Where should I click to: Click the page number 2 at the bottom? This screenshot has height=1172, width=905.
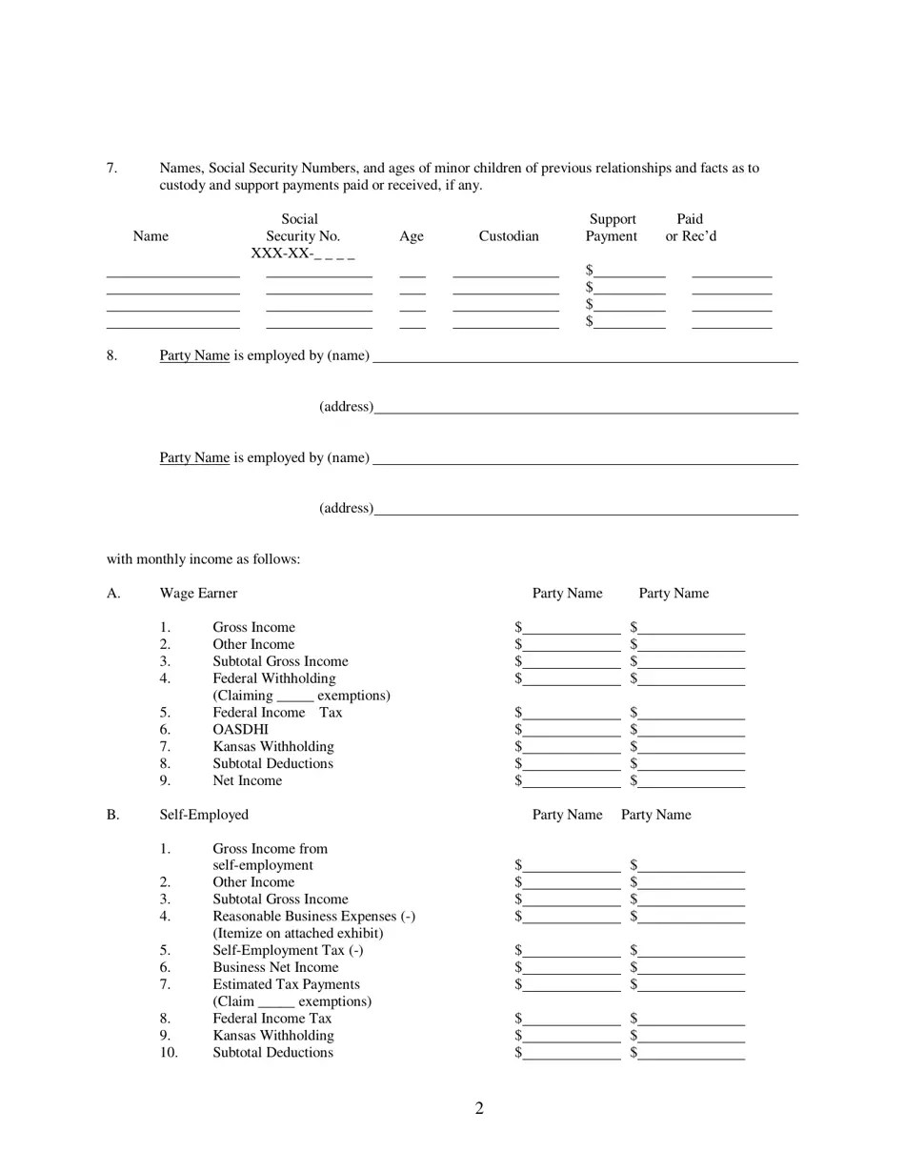(479, 1108)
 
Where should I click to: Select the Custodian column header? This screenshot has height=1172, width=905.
(509, 236)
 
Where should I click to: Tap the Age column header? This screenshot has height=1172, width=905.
(412, 236)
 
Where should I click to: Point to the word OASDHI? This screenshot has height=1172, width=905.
(240, 730)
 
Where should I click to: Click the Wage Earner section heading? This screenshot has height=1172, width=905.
(198, 594)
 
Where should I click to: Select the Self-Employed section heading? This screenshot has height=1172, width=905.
(204, 815)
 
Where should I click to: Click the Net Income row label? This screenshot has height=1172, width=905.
(247, 781)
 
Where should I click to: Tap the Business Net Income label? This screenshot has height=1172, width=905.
(275, 967)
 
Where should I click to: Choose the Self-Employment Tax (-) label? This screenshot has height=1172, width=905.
(288, 950)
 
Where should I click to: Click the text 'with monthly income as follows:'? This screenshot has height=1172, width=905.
(203, 559)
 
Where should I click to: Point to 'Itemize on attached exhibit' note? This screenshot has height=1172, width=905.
(297, 933)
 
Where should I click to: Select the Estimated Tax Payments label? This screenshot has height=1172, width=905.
(286, 984)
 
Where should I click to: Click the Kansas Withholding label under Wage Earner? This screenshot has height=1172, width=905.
(272, 747)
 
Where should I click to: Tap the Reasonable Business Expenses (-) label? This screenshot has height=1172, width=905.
(313, 917)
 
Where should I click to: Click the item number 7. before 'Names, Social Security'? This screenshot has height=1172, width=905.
(112, 169)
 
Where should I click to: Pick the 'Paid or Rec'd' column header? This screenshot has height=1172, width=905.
(691, 228)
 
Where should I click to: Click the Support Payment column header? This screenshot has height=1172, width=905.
(612, 228)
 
